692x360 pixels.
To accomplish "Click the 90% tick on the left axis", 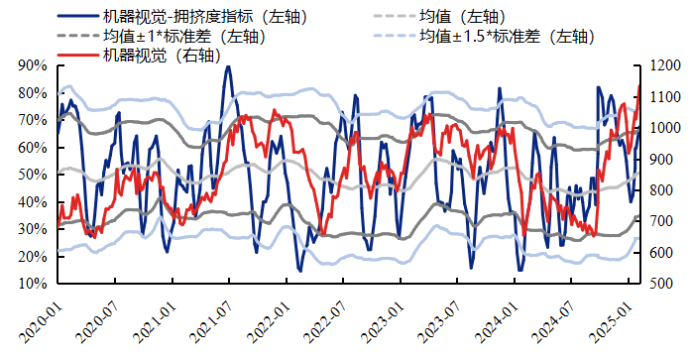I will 34,66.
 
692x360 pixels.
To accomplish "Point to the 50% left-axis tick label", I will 34,175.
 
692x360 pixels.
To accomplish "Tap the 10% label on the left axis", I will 34,284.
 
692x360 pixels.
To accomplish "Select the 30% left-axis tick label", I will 34,229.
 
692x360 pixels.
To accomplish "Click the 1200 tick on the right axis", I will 664,66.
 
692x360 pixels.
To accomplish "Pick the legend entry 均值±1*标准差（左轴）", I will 182,37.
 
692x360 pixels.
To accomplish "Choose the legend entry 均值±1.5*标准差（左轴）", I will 505,37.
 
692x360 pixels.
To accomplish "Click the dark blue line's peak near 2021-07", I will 227,67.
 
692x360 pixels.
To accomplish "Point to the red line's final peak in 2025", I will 638,86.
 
